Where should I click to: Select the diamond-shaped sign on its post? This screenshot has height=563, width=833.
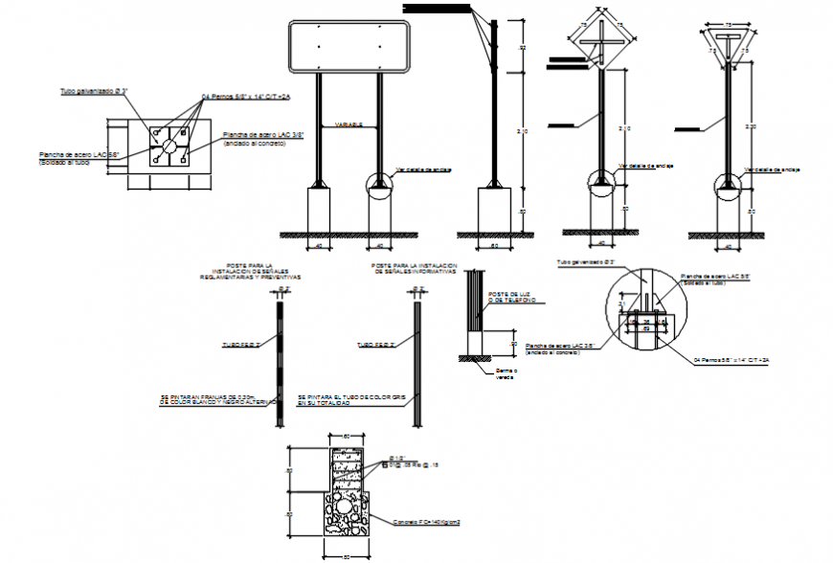pos(600,44)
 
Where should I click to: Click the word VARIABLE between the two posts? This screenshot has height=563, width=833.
pos(348,125)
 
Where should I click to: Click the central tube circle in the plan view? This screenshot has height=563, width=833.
pos(168,146)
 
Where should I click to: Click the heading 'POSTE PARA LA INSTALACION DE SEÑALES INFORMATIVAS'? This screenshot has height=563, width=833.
pos(415,270)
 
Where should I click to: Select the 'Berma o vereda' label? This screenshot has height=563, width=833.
pos(506,372)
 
